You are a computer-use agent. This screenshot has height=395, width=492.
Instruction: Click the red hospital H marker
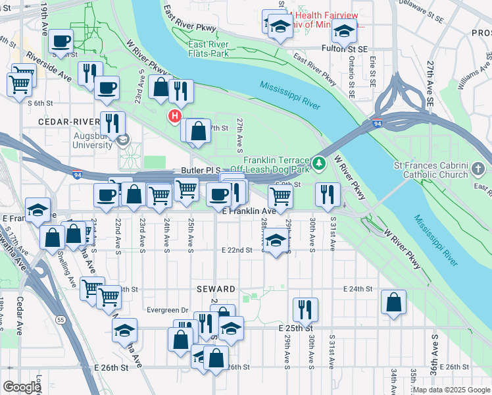174,117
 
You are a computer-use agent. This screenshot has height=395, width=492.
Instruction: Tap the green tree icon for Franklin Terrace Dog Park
319,162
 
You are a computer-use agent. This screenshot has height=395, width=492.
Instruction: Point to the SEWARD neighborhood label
216,289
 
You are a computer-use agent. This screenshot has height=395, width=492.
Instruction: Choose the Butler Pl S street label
200,170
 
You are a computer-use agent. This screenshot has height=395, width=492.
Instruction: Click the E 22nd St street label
237,250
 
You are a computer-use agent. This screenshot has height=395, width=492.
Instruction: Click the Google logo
22,387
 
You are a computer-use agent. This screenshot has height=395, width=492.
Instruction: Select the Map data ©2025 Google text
451,390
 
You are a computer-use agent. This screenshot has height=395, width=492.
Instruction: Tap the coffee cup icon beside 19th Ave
61,40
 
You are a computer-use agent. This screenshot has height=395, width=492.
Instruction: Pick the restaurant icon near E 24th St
305,309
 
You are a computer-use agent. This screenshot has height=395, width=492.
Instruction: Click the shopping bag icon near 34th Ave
393,302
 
